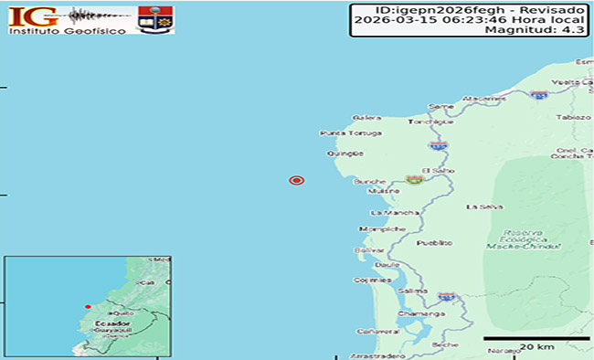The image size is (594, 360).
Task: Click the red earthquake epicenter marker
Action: pyautogui.click(x=295, y=180)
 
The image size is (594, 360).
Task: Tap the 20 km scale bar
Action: pyautogui.click(x=527, y=339)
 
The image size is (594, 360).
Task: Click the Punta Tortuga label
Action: pyautogui.click(x=343, y=133)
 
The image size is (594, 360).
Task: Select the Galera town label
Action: pyautogui.click(x=366, y=118)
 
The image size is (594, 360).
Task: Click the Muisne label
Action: pyautogui.click(x=378, y=192)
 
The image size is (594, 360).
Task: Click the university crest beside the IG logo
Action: pyautogui.click(x=154, y=18)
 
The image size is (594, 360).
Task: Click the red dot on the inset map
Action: pyautogui.click(x=88, y=306)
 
